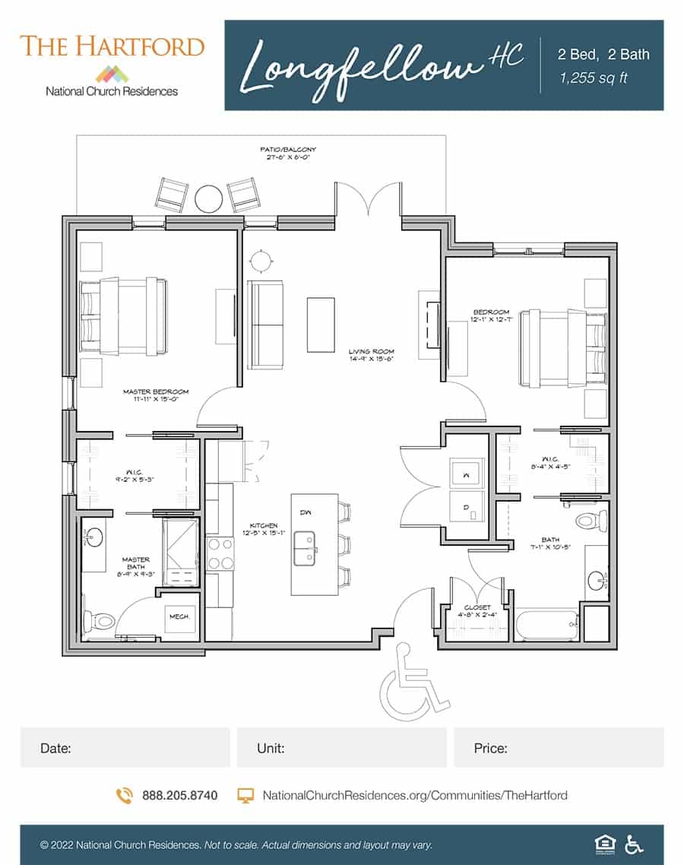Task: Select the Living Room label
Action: coord(371,355)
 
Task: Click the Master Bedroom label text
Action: coord(155,395)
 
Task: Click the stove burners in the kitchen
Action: coord(220,553)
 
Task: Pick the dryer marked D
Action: coord(465,505)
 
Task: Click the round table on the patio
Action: coord(208,198)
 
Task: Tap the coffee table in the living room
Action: coord(320,324)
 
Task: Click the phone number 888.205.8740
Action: coord(179,795)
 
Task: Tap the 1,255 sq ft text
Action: coord(594,78)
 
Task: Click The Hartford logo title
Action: coord(112,46)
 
